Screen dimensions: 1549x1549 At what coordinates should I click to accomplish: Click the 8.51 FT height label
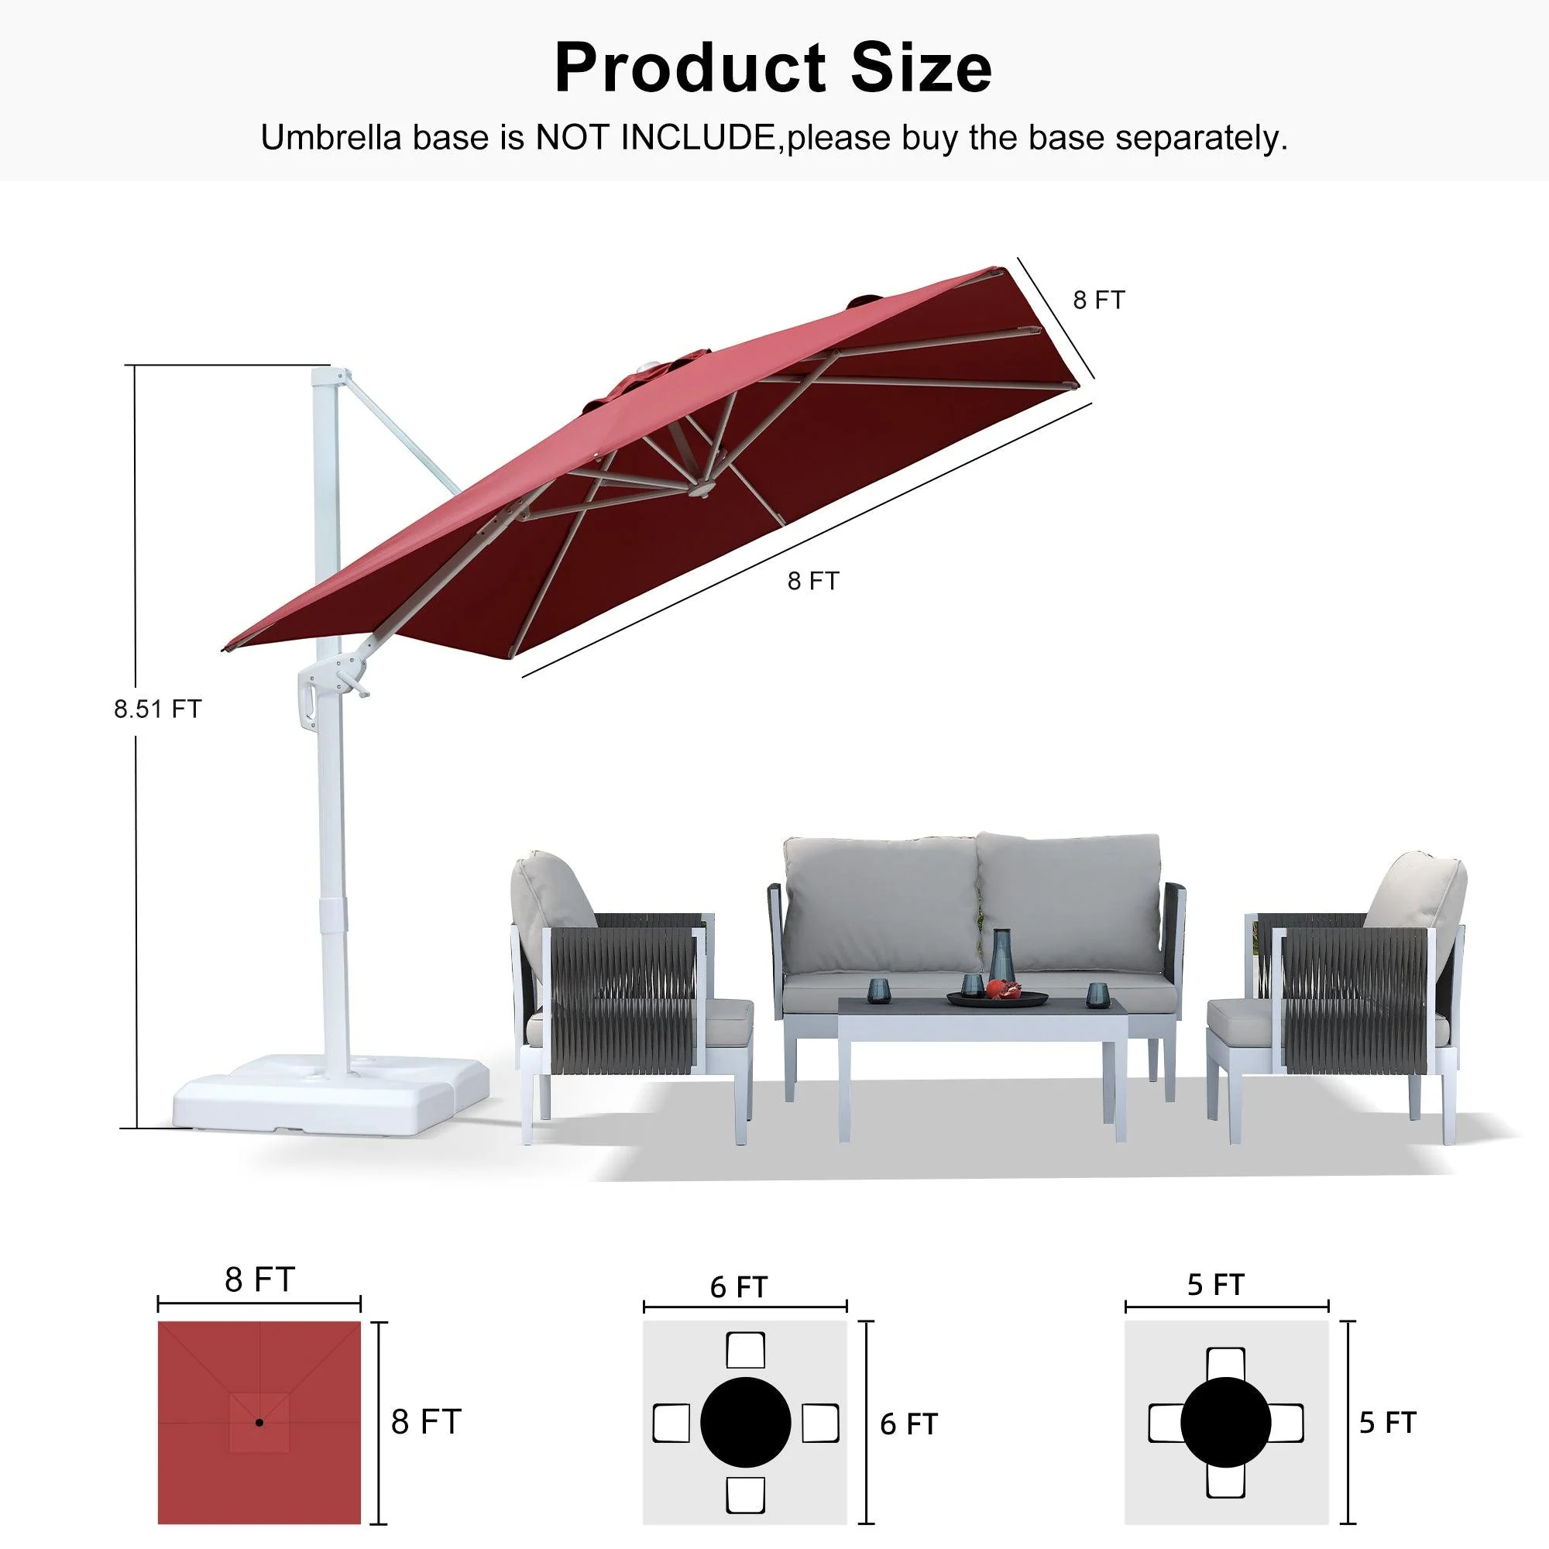click(x=157, y=709)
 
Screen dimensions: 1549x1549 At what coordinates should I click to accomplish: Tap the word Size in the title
click(x=920, y=68)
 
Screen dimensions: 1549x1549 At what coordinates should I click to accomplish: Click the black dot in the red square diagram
click(x=259, y=1423)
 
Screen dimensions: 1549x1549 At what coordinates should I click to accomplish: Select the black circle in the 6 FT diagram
click(x=745, y=1423)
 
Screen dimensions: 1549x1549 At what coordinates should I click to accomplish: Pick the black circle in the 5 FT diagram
click(x=1225, y=1423)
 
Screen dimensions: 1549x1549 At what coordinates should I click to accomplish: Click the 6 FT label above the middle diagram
click(x=738, y=1288)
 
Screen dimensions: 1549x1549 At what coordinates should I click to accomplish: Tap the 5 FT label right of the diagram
click(x=1388, y=1423)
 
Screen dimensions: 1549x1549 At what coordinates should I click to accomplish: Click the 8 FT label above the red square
click(x=259, y=1279)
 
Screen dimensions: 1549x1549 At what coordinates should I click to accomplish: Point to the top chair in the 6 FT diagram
click(x=745, y=1350)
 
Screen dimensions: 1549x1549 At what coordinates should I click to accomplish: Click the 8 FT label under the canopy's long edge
click(x=812, y=582)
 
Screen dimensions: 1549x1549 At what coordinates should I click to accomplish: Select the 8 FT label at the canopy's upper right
click(x=1098, y=301)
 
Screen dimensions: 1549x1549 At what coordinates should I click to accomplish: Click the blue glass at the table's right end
click(x=1095, y=995)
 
